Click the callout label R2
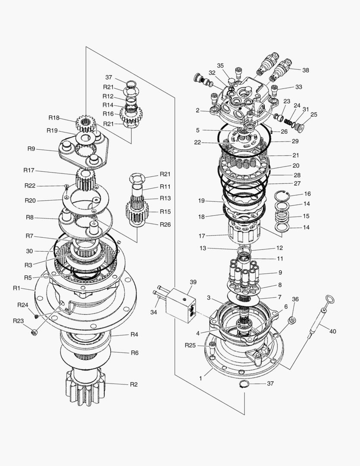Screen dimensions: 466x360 (x=135, y=384)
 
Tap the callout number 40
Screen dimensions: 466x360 (x=332, y=331)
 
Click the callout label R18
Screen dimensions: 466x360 (x=54, y=118)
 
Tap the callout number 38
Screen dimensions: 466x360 (x=305, y=69)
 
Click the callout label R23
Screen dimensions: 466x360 (x=18, y=321)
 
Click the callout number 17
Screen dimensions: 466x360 (x=202, y=236)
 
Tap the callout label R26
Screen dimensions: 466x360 (x=165, y=224)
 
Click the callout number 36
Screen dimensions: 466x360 (x=295, y=299)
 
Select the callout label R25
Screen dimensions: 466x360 (x=191, y=345)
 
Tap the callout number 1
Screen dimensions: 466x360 (x=200, y=378)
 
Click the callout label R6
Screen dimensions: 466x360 (x=135, y=353)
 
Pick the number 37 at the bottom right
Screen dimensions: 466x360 (x=270, y=383)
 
